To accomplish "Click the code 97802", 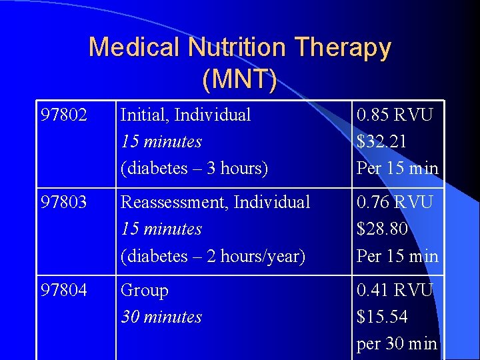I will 63,115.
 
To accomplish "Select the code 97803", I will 63,202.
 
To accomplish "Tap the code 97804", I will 63,290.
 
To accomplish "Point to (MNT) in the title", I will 239,79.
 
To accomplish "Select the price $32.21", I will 381,142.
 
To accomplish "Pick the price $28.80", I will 382,229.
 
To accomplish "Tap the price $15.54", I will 382,317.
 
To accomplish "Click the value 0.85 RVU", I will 395,115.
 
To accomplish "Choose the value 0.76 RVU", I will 395,202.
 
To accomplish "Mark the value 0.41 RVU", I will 395,290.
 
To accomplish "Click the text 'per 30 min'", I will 397,344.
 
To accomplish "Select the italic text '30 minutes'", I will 161,317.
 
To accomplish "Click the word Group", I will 144,291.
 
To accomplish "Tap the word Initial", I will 143,115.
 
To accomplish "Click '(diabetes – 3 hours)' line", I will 194,169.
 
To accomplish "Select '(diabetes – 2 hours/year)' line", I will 213,256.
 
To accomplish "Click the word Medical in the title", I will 135,47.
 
